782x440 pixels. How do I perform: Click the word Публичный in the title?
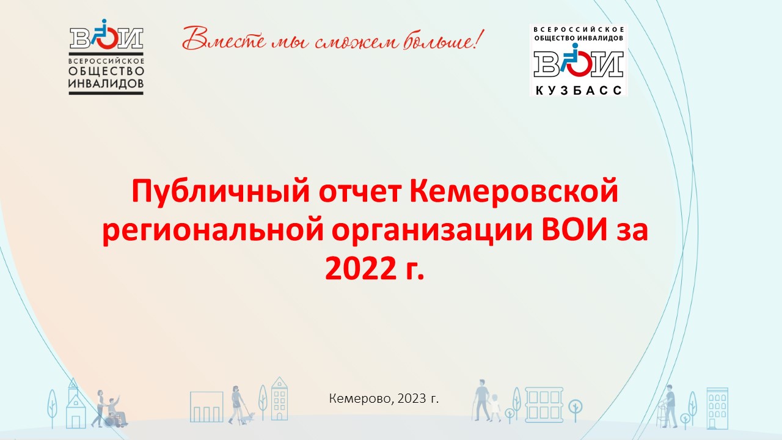coord(221,192)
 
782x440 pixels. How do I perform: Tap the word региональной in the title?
coord(213,231)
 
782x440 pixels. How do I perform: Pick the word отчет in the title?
coord(360,193)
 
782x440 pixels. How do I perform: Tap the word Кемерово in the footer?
coord(361,398)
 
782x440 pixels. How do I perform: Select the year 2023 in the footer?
coord(412,398)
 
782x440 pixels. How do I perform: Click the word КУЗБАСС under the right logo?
coord(579,90)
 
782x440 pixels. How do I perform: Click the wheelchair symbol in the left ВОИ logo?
coord(103,34)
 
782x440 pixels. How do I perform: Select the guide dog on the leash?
coord(249,417)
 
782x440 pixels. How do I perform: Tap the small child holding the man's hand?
coord(495,408)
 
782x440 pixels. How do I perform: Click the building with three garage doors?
coord(206,407)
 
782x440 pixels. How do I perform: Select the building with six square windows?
coord(544,405)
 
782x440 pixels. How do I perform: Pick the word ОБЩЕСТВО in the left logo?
coord(106,71)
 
